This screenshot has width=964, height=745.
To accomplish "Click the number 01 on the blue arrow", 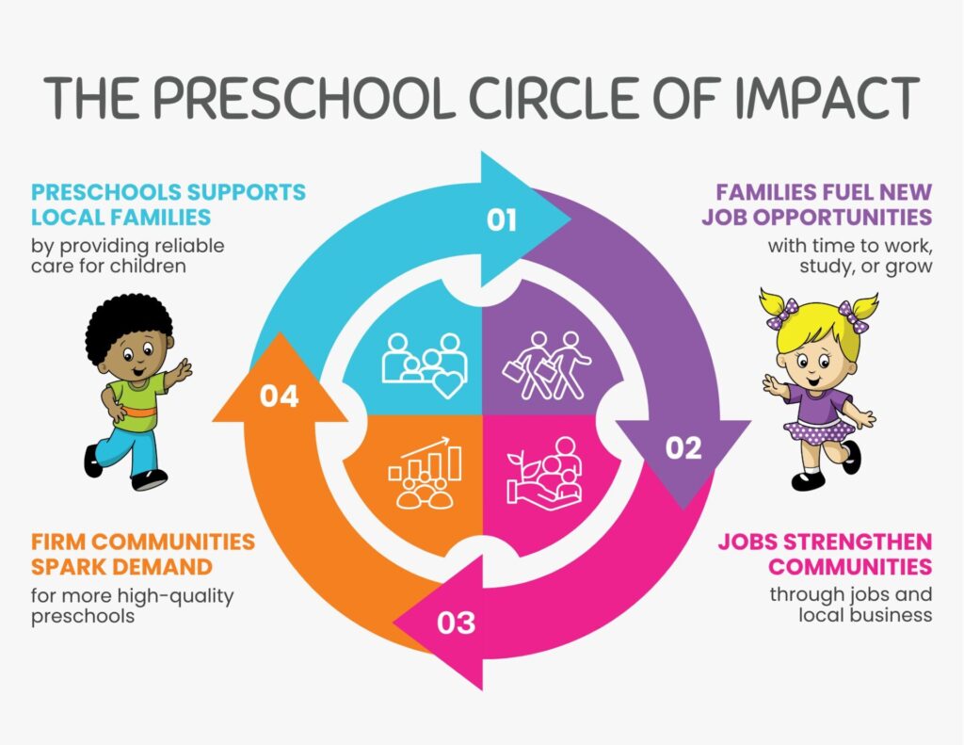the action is [x=501, y=219].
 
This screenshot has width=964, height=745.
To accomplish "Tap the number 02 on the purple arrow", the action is [x=683, y=448].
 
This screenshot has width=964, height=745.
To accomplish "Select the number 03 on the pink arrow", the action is [x=457, y=623].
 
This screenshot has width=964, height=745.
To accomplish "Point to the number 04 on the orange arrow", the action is [x=279, y=396].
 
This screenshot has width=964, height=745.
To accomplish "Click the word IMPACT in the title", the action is [x=827, y=98].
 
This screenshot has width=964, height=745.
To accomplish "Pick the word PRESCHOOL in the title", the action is [x=304, y=98].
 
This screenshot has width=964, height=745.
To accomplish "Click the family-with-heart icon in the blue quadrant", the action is [x=425, y=365].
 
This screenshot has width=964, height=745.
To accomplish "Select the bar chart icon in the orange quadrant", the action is [x=425, y=473].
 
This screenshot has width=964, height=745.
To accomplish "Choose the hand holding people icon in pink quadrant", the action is [x=544, y=474].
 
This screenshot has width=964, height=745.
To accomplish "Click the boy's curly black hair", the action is [x=128, y=327].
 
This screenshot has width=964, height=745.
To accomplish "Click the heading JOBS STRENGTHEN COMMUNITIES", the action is [x=825, y=554].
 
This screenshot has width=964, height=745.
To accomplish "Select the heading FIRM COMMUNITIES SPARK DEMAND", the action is [x=143, y=554].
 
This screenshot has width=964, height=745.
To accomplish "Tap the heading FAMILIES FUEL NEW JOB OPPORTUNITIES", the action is [x=817, y=204].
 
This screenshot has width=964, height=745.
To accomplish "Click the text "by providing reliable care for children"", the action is [x=128, y=255].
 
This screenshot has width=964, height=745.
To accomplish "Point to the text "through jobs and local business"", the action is [x=851, y=604].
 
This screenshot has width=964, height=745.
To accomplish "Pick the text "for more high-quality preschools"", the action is [x=132, y=606].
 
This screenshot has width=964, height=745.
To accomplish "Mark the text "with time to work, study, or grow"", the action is [x=850, y=255].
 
